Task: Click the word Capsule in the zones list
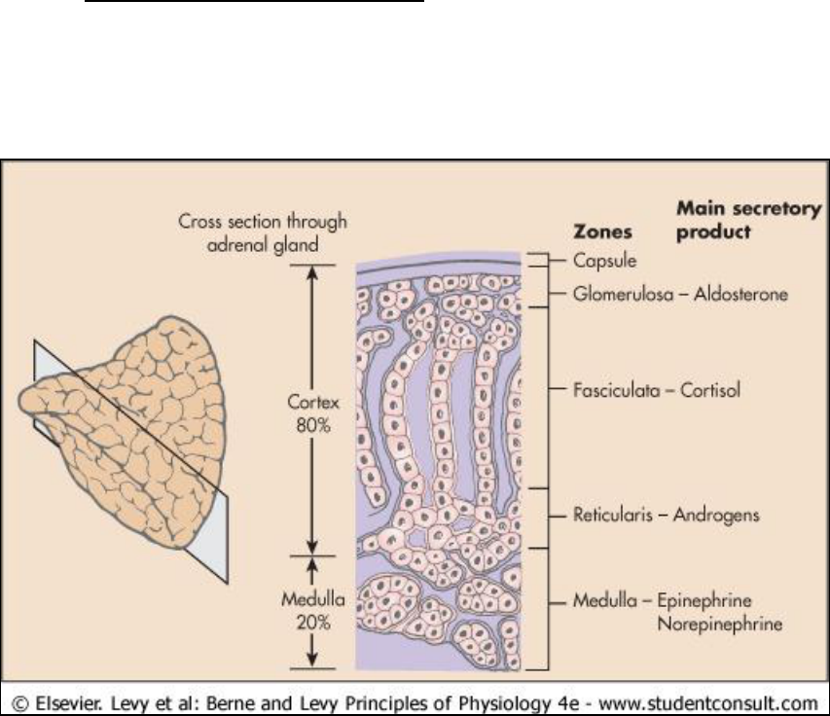(601, 261)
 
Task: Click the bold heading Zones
(600, 233)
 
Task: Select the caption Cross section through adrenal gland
(262, 233)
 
